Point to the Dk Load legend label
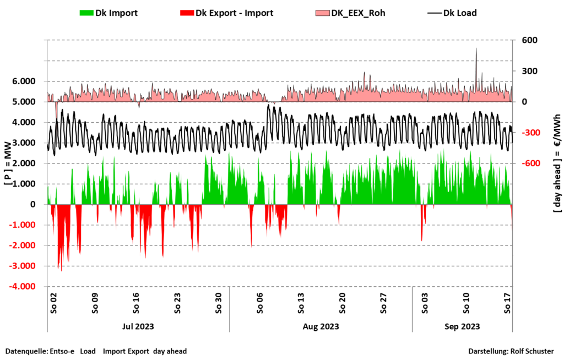pyautogui.click(x=460, y=13)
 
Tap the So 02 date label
pyautogui.click(x=54, y=303)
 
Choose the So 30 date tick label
pyautogui.click(x=219, y=303)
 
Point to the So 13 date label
pyautogui.click(x=301, y=303)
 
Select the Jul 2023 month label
pyautogui.click(x=138, y=326)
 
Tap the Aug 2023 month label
pyautogui.click(x=321, y=326)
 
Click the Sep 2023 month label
pyautogui.click(x=462, y=326)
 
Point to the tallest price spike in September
pyautogui.click(x=476, y=50)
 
